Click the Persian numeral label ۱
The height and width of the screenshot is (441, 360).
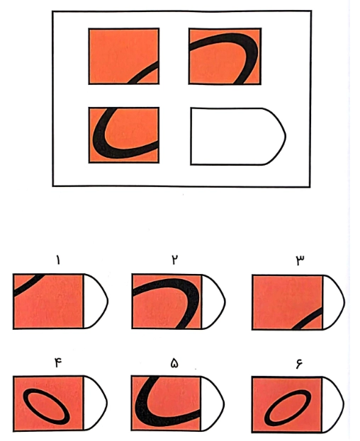[x=58, y=260]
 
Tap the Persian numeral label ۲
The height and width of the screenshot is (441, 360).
[x=174, y=260]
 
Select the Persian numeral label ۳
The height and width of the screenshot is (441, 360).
[x=300, y=260]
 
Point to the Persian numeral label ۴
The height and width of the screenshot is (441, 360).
[x=58, y=362]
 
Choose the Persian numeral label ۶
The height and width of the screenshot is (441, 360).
[x=298, y=363]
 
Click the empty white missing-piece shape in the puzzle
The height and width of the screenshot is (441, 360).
[x=238, y=136]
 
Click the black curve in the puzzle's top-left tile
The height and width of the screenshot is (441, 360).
[x=144, y=73]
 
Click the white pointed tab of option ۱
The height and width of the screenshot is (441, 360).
[x=95, y=302]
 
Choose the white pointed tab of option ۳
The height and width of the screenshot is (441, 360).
[x=332, y=302]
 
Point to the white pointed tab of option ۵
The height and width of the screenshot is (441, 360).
[x=211, y=403]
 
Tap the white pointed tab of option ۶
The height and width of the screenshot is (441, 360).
[x=332, y=404]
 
